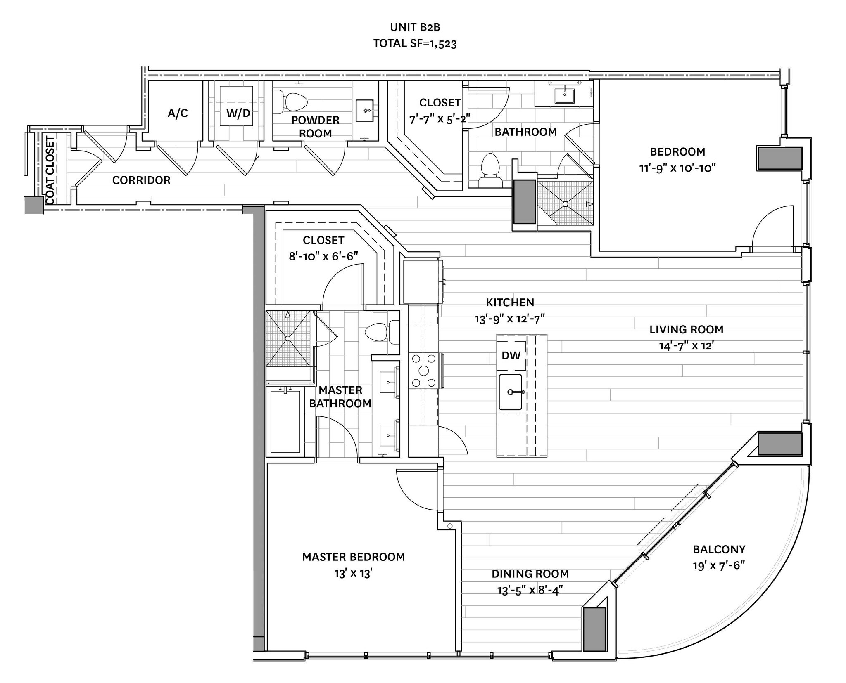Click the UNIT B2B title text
tap(415, 27)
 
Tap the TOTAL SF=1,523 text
tap(415, 43)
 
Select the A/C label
tap(178, 113)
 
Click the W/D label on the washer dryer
tap(238, 113)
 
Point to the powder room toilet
tap(294, 102)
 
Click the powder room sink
tap(365, 110)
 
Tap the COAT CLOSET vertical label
tap(50, 170)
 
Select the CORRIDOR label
tap(141, 180)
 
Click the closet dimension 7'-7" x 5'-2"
tap(440, 119)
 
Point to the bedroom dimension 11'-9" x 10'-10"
tap(677, 168)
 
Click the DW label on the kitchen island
tap(511, 355)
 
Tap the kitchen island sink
tap(510, 392)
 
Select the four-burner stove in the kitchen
tap(423, 370)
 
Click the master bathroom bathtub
tap(285, 421)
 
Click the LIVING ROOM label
tap(686, 329)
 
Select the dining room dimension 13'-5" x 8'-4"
tap(530, 590)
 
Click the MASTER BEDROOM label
tap(353, 557)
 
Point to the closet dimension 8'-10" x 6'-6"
tap(323, 256)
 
